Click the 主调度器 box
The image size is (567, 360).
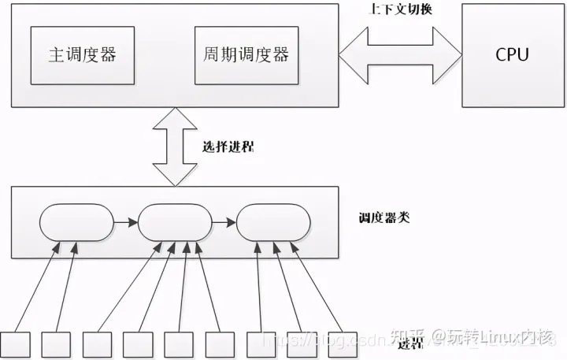(x=77, y=55)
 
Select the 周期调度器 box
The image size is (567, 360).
(x=242, y=55)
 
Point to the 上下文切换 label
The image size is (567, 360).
(x=401, y=11)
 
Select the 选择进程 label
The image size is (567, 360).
(x=228, y=147)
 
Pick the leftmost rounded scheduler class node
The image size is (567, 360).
(x=76, y=224)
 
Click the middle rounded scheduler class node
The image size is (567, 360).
(x=175, y=224)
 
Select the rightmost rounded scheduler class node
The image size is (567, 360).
(x=272, y=224)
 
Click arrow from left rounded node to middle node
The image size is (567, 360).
(x=125, y=224)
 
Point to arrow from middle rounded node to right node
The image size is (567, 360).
(x=224, y=224)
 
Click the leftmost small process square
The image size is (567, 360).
(x=14, y=344)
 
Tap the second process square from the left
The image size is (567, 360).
(x=56, y=344)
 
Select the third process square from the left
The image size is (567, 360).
(x=97, y=344)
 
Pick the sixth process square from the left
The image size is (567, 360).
(x=220, y=344)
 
